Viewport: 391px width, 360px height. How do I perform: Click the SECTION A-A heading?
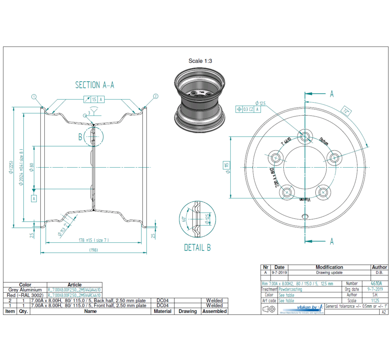[94, 85]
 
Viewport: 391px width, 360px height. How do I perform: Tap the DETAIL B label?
[197, 248]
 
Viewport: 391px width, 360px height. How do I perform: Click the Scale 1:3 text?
[200, 61]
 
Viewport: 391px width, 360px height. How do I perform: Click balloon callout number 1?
[33, 96]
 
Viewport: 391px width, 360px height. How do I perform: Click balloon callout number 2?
[156, 96]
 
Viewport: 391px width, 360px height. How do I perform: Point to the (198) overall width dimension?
[93, 250]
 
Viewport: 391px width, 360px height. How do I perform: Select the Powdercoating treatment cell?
[290, 289]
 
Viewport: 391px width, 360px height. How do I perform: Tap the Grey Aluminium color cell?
[25, 290]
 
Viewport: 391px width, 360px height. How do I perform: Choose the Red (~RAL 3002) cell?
[25, 295]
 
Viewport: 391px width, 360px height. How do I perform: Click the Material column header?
[163, 311]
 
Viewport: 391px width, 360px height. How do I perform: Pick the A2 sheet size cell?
[384, 312]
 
